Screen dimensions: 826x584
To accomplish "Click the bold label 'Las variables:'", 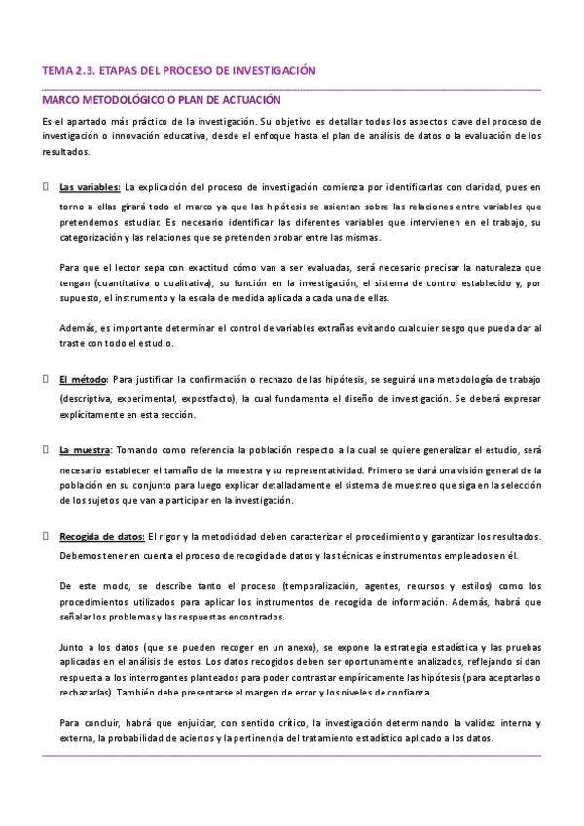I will (x=90, y=185).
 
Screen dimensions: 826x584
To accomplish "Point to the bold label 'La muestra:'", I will (x=86, y=449).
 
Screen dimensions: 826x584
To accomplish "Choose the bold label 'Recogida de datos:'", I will (x=102, y=536).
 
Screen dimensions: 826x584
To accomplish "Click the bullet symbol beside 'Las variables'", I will (x=47, y=185).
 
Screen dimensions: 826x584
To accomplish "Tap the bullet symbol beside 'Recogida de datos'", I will (x=47, y=536).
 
